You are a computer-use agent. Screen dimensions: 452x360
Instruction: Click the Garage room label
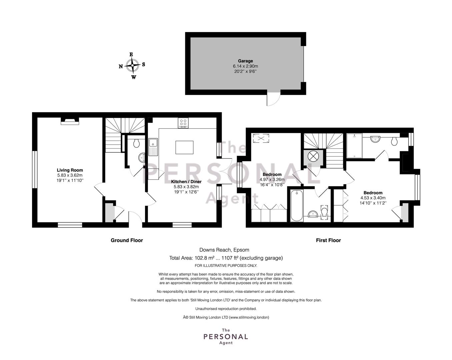pos(245,61)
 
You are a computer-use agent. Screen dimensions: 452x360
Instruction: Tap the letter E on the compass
pos(131,54)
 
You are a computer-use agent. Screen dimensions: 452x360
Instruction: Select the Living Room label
pos(70,170)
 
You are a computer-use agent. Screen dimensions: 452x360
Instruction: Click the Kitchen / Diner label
pos(186,181)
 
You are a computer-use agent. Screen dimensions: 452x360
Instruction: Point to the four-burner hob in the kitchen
pos(183,123)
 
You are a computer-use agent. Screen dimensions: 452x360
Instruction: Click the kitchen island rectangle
pos(184,147)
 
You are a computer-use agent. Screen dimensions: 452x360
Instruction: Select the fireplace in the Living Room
pos(70,121)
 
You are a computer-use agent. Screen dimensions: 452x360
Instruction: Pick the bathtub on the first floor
pos(297,205)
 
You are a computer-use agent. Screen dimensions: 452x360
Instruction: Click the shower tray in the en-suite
pos(355,146)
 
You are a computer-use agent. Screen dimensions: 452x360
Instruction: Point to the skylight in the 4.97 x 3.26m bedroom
pos(261,138)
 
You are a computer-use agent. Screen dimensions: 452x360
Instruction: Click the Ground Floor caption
pos(127,240)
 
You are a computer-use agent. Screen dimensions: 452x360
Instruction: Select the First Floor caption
pos(328,240)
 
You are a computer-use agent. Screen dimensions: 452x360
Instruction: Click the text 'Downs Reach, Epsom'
pos(224,250)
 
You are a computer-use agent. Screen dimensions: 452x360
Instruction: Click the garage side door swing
pos(273,99)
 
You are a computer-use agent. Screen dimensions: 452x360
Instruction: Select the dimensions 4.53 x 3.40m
pos(373,198)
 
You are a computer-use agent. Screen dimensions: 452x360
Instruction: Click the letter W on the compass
pos(134,77)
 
